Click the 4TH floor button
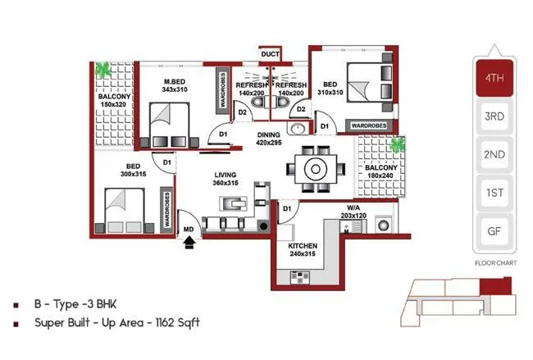tap(494, 80)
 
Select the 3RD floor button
tap(494, 117)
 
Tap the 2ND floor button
tap(494, 155)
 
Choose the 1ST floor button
tap(494, 193)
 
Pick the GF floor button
tap(494, 230)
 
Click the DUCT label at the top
tap(270, 54)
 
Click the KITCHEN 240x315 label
tap(303, 249)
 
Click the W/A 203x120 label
tap(353, 212)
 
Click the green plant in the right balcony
tap(398, 146)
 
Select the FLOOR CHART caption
tap(494, 264)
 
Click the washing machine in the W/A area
tap(382, 224)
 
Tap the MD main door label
tap(188, 229)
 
